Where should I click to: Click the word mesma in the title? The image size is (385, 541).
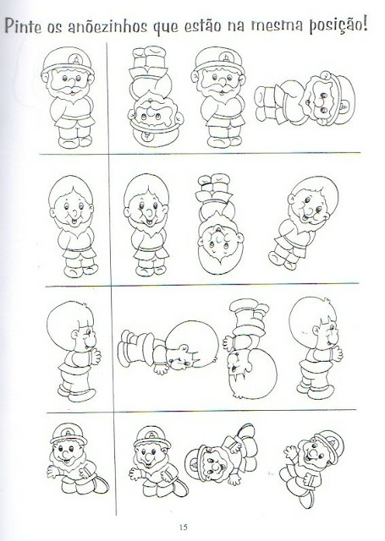(276, 25)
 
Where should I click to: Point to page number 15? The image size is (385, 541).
(183, 527)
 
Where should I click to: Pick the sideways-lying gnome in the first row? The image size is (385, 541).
(305, 99)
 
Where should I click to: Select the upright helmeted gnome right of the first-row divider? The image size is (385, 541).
(219, 98)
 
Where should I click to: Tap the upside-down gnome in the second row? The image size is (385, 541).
(220, 224)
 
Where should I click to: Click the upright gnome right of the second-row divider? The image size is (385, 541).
(146, 225)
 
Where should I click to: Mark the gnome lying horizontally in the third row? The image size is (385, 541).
(168, 349)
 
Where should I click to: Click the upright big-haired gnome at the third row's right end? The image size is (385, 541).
(316, 349)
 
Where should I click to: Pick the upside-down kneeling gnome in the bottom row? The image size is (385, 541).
(222, 455)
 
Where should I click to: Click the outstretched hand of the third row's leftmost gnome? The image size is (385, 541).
(95, 357)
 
